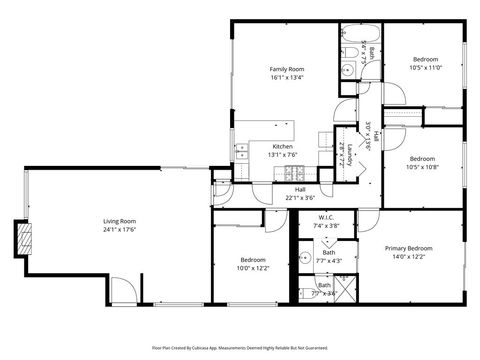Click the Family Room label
(286, 69)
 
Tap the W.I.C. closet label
(326, 217)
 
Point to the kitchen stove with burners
(243, 153)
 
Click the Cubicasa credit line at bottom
(240, 347)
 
